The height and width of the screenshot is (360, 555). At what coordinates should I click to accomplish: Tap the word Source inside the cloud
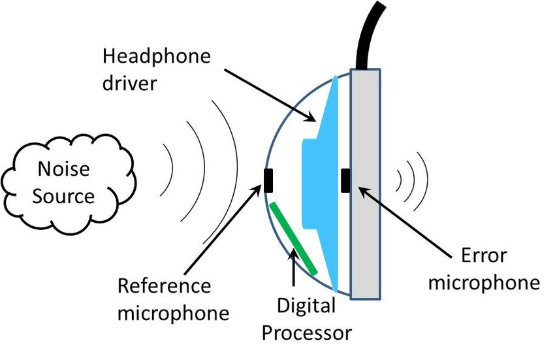[x=63, y=196]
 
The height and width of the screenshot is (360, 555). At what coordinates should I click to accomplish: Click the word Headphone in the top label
[x=157, y=56]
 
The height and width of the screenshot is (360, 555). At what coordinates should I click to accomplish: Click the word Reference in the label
[x=165, y=286]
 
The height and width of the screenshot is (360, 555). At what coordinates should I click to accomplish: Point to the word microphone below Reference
[x=173, y=313]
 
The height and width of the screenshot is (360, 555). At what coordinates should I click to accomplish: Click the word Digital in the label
[x=306, y=306]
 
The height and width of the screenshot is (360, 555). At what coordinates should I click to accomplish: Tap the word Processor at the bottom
[x=306, y=333]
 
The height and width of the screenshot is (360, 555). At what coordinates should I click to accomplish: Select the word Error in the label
[x=484, y=255]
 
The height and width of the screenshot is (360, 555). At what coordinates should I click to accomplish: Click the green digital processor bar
[x=293, y=238]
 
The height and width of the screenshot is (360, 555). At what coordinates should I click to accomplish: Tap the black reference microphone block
[x=268, y=181]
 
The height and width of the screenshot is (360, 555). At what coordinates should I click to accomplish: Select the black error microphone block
[x=345, y=181]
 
